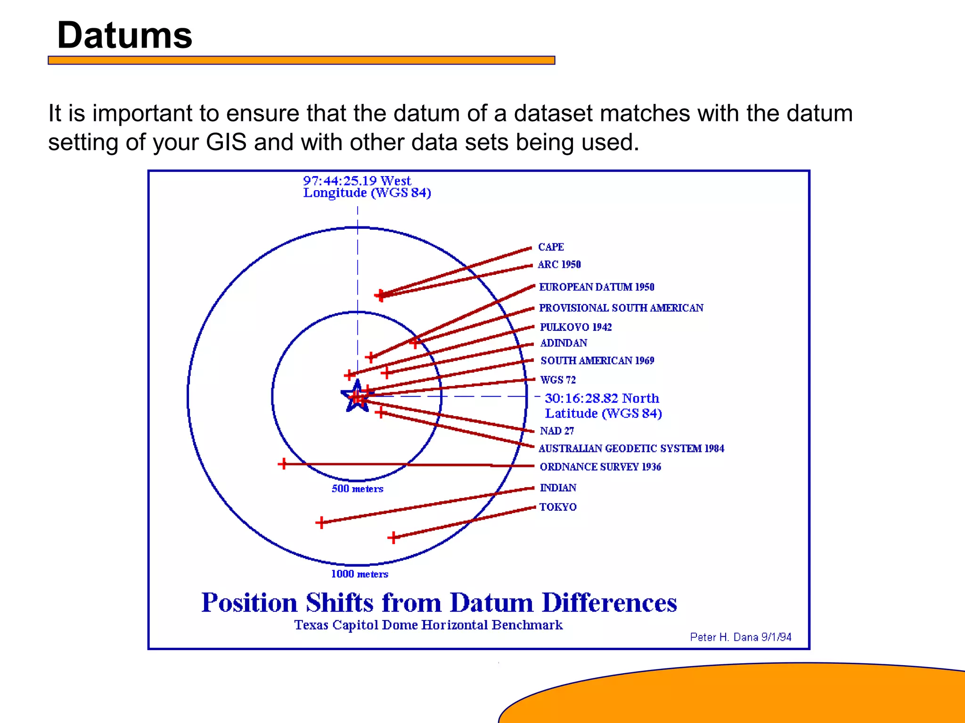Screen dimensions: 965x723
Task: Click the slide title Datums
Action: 124,35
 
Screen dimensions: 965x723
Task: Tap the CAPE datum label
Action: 551,247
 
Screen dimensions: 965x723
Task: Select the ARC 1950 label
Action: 559,265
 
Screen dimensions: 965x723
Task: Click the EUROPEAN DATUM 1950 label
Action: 597,287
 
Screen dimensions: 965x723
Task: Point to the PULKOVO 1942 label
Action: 576,327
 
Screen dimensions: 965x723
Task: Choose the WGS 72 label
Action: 558,380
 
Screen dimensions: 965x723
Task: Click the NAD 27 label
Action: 557,431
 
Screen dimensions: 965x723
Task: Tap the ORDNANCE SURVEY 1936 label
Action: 600,467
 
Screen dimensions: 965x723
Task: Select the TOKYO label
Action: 558,507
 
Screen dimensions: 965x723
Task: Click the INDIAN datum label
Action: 558,488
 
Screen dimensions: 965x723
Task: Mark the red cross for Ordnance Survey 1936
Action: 283,464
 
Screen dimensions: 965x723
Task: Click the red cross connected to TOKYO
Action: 393,537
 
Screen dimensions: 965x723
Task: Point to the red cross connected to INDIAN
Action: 321,522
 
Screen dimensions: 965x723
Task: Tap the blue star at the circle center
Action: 357,397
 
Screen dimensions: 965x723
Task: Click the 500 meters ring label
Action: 357,489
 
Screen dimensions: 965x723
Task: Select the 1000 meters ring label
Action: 360,574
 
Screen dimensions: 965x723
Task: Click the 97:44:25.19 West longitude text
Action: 357,181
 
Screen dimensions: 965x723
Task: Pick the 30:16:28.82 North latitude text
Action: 602,399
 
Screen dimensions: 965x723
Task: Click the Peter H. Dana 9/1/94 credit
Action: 740,637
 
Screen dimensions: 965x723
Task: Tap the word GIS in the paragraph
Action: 226,142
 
